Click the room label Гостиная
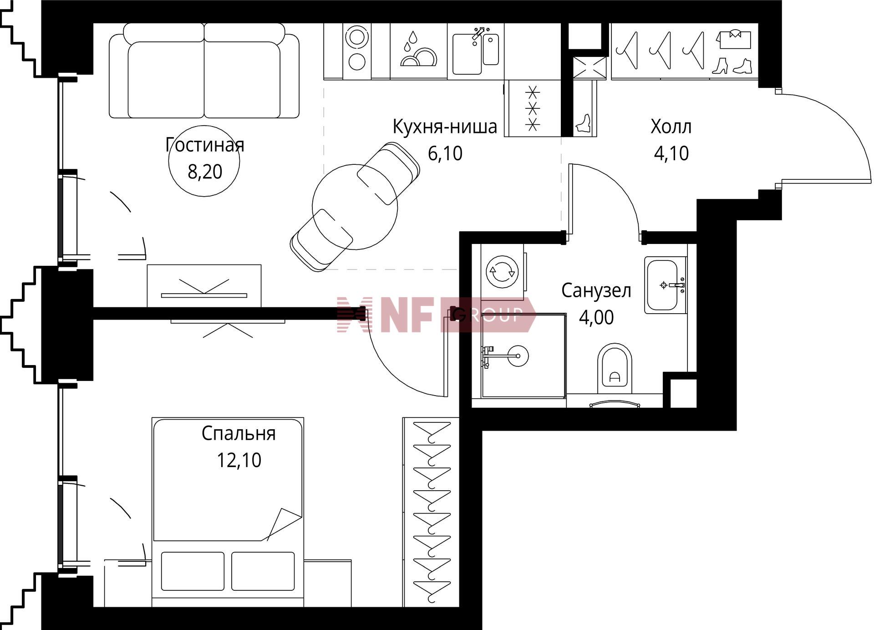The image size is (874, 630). click(205, 145)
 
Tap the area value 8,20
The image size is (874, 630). click(205, 172)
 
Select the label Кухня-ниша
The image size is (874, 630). click(445, 127)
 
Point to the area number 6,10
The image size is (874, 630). click(445, 153)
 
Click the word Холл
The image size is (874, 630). click(671, 127)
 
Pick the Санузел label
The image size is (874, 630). click(596, 290)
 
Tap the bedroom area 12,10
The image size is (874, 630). click(239, 460)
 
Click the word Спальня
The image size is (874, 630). click(239, 433)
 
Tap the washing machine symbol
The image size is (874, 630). click(502, 272)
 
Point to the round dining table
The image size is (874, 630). click(355, 207)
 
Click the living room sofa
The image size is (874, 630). click(204, 71)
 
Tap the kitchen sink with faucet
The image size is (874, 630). click(476, 51)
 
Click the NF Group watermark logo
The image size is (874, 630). click(436, 315)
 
